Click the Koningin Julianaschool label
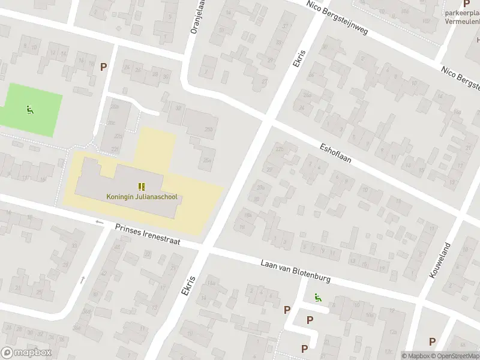click(x=141, y=196)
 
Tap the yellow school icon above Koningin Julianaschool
click(x=141, y=187)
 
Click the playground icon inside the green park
click(x=29, y=109)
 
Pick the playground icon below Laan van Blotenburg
click(x=316, y=296)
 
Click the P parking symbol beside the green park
click(x=104, y=67)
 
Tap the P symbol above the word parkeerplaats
click(x=466, y=4)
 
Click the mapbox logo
click(x=26, y=353)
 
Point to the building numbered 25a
click(x=207, y=160)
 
